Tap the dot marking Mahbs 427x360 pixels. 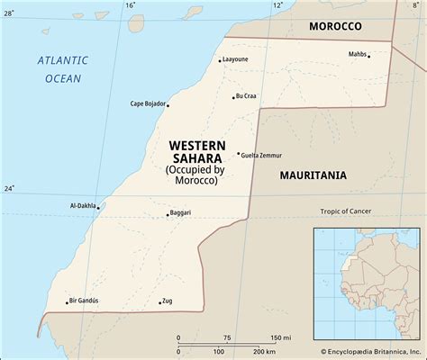[x=369, y=56]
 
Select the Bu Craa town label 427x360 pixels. [x=247, y=96]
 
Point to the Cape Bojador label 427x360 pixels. [x=148, y=103]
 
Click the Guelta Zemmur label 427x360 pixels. [x=261, y=155]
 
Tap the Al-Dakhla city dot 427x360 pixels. [x=99, y=206]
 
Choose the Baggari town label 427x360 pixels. [x=180, y=213]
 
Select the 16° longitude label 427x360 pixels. [x=131, y=6]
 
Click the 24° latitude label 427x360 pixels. [x=8, y=188]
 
